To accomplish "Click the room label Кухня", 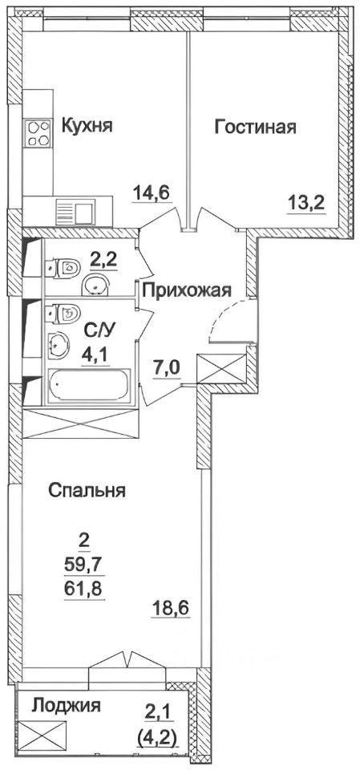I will (86, 126).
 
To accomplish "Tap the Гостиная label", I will (256, 126).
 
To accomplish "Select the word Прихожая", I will (187, 291).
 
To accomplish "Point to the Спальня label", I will (86, 490).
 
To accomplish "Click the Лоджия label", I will (67, 706).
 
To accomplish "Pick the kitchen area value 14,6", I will (152, 192).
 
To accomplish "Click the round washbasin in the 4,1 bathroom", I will (59, 346).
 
